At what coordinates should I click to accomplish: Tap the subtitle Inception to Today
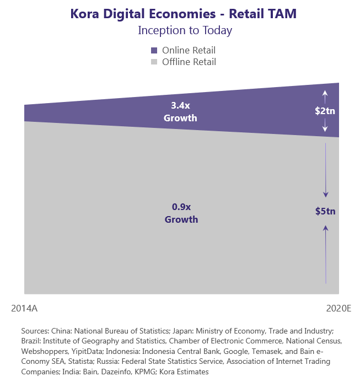[x=185, y=30]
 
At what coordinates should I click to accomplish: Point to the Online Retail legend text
[x=189, y=50]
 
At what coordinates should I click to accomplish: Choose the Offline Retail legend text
[x=189, y=62]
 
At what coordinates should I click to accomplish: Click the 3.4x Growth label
[x=180, y=111]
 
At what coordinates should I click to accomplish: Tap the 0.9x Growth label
[x=181, y=213]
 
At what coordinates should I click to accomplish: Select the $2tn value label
[x=325, y=111]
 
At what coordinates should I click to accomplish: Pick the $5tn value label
[x=325, y=211]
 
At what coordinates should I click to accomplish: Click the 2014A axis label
[x=24, y=308]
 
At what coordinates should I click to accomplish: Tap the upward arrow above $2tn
[x=325, y=96]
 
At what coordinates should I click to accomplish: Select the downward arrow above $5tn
[x=325, y=171]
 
